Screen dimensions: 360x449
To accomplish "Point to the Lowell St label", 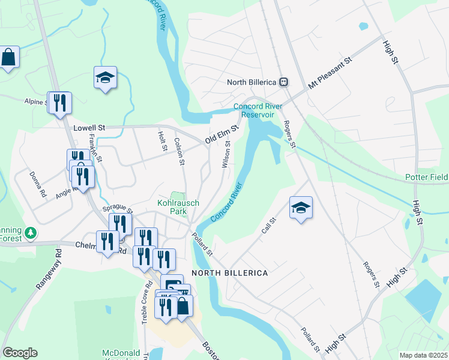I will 89,128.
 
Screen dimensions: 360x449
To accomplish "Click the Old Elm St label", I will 222,133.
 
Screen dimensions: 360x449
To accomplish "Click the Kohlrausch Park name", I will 178,207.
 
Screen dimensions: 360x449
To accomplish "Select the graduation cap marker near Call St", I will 301,208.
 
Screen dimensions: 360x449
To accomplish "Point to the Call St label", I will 268,226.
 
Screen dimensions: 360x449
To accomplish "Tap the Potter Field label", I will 426,178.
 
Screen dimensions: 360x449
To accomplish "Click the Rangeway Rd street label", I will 48,270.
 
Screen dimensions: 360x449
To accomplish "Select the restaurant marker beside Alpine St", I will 59,103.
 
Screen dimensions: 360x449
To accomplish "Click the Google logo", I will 20,353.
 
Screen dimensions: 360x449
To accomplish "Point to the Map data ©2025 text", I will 423,355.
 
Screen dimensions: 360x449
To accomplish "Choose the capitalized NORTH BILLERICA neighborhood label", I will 229,273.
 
